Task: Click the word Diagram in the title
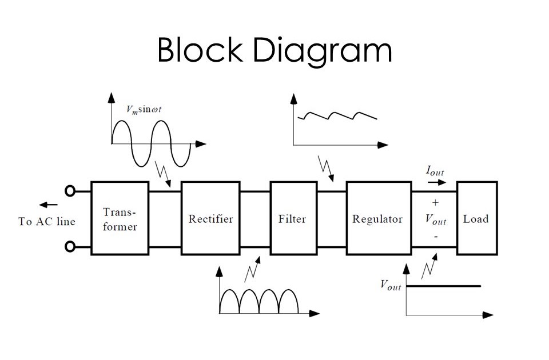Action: click(323, 51)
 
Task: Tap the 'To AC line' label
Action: click(47, 222)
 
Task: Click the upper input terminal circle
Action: click(70, 191)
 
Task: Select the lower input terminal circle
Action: click(70, 247)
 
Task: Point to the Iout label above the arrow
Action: click(435, 171)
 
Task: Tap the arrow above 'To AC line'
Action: click(49, 205)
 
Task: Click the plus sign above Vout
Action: click(435, 202)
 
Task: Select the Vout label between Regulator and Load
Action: click(435, 220)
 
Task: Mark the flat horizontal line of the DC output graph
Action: click(443, 286)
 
